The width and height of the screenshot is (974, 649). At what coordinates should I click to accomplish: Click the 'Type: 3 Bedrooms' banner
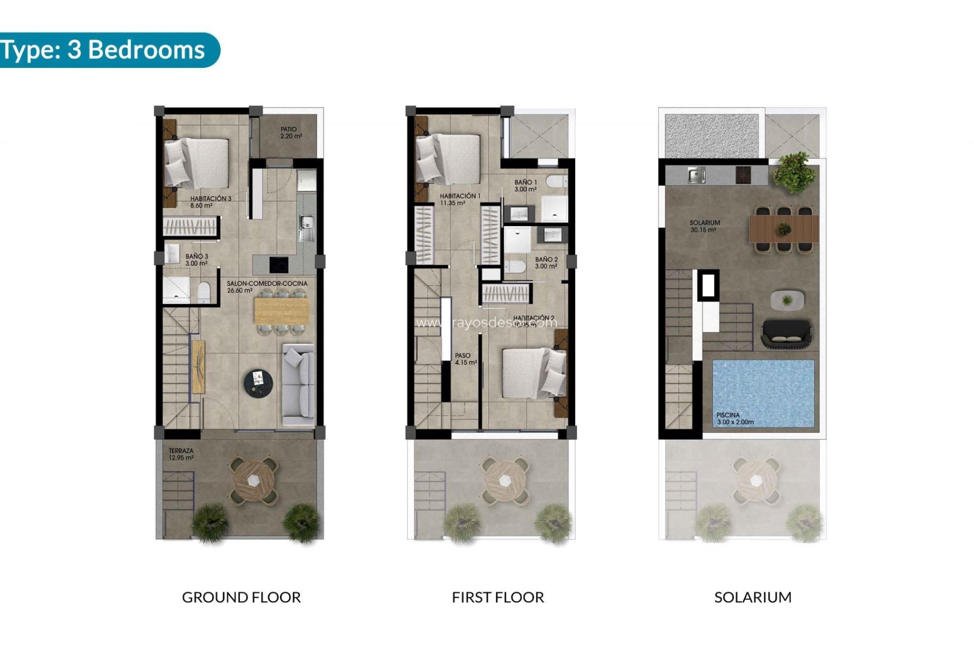click(104, 50)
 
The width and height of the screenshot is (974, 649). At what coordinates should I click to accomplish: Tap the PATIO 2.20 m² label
click(291, 133)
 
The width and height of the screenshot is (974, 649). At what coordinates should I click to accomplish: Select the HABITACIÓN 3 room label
click(210, 202)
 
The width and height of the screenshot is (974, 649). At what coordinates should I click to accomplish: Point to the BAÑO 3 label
click(196, 260)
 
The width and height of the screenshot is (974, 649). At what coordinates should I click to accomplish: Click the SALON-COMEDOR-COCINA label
click(266, 287)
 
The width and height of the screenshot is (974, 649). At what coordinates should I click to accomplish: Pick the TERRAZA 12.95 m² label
click(181, 454)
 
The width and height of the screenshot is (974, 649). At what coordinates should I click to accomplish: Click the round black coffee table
click(258, 383)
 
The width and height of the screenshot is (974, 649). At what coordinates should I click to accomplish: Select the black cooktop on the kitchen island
click(278, 264)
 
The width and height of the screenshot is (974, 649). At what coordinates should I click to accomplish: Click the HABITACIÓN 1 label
click(460, 199)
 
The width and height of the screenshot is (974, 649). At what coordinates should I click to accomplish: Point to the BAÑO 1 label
click(525, 186)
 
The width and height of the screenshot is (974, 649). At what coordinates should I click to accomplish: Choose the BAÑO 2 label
click(546, 263)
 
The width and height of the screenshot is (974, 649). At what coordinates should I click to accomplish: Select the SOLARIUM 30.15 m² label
click(704, 226)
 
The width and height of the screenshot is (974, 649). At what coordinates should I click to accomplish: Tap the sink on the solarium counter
click(696, 175)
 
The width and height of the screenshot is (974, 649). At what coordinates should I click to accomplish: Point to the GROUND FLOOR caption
click(241, 597)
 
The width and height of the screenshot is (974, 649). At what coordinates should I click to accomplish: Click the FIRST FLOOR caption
click(498, 597)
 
